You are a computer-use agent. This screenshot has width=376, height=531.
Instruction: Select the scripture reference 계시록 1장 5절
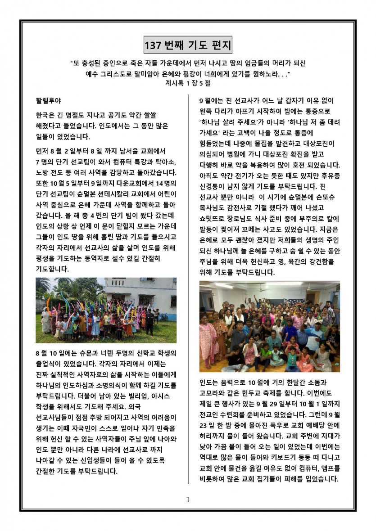coord(188,82)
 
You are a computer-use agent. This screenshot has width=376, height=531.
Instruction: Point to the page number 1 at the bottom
coord(188,499)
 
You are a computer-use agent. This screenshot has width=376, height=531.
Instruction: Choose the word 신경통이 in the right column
coord(214,186)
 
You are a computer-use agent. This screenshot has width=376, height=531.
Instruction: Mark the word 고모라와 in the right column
coord(214,394)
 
